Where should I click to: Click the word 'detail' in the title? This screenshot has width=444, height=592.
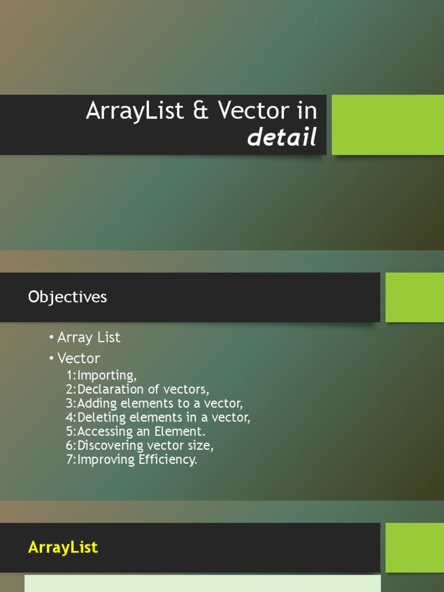tap(282, 138)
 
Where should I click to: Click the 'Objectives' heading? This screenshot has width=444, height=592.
tap(68, 297)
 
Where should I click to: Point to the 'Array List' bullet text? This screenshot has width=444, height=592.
tap(88, 337)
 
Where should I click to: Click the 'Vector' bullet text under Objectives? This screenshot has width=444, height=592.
tap(78, 358)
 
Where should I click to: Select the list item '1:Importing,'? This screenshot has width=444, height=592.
tap(102, 375)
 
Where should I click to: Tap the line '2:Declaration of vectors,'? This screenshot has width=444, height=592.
tap(138, 389)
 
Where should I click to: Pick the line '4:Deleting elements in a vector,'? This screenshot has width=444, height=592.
tap(158, 417)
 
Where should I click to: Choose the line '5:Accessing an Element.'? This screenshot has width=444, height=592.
tap(136, 431)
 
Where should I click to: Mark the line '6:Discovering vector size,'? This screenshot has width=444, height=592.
tap(140, 446)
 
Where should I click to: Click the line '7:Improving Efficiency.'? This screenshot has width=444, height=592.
tap(132, 460)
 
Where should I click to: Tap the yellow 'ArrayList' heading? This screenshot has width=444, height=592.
tap(63, 547)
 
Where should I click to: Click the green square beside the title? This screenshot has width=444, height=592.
tap(387, 125)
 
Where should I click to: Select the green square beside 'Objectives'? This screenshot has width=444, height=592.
tap(415, 297)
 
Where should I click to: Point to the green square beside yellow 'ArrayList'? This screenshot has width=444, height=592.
tap(415, 547)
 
